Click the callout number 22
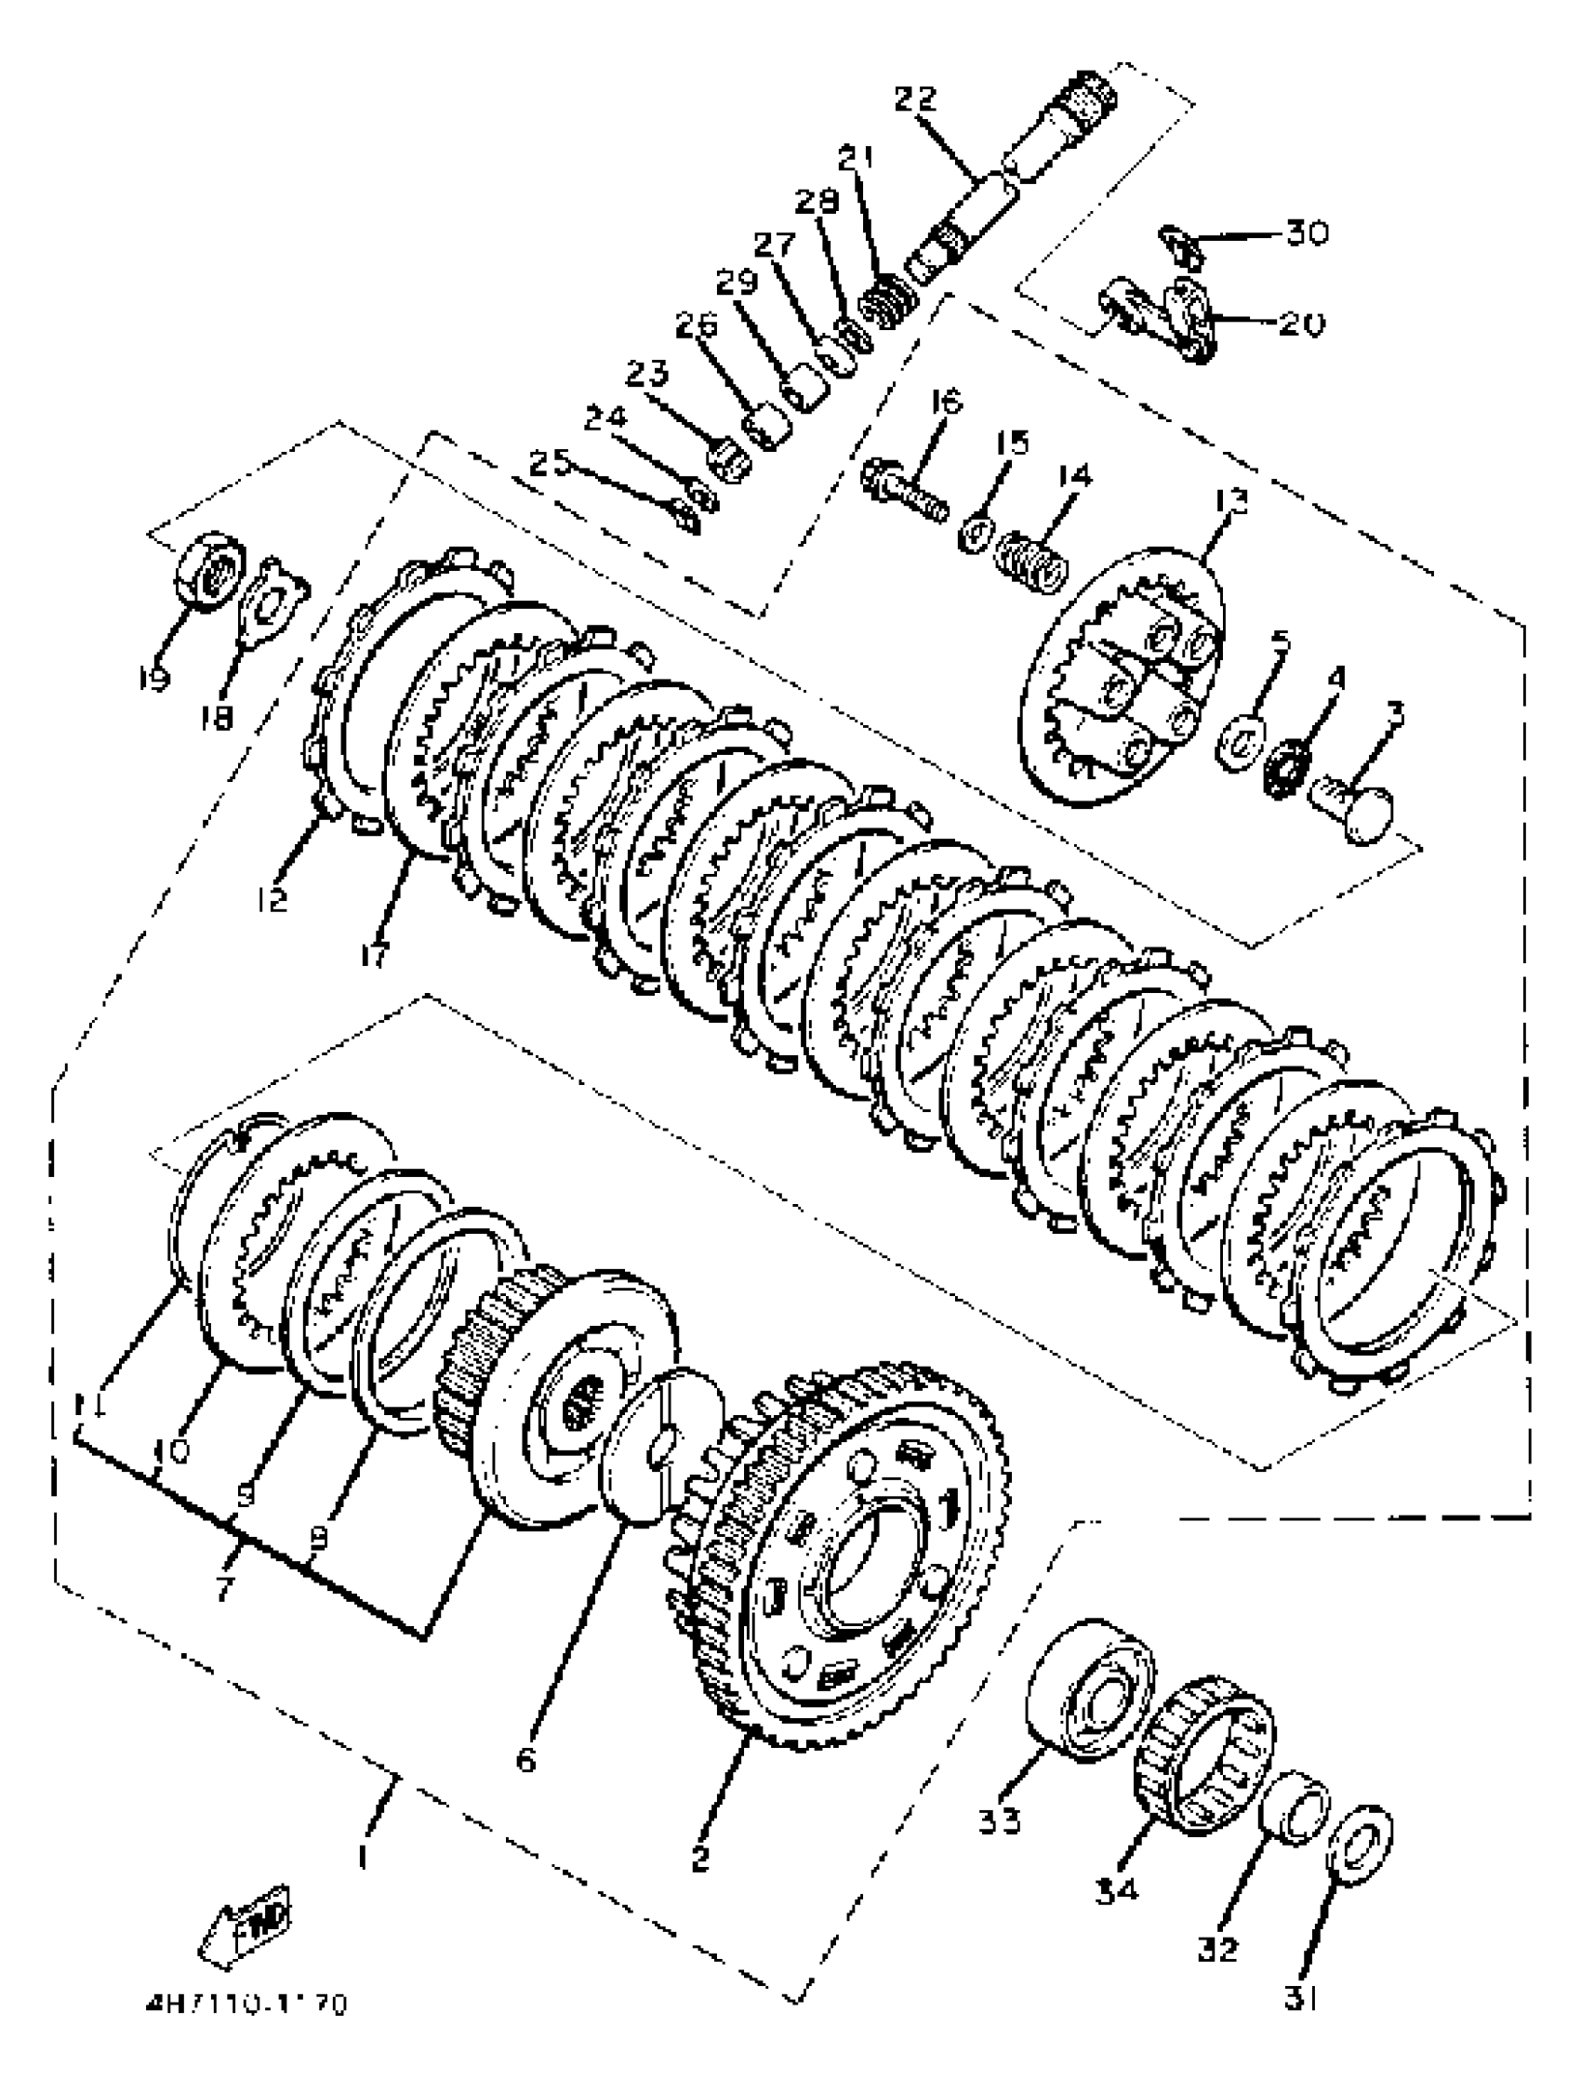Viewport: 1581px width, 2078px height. [x=916, y=98]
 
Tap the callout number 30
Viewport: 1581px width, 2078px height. [x=1307, y=232]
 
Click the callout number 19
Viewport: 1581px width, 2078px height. [x=154, y=677]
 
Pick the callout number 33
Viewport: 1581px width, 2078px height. [x=999, y=1821]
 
